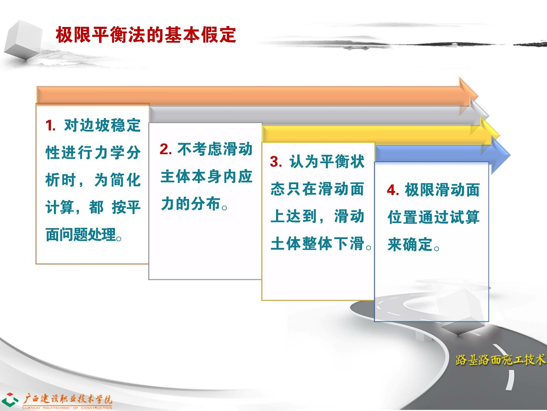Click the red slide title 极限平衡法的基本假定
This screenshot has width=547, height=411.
coord(146,34)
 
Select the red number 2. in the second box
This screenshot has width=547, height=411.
coord(165,149)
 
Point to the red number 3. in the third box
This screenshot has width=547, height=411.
coord(276,162)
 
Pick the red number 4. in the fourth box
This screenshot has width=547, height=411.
coord(393,190)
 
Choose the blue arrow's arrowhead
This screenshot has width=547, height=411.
coord(501,155)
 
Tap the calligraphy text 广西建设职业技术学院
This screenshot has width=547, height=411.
coord(67,399)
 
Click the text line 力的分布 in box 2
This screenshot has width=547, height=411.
coord(194,204)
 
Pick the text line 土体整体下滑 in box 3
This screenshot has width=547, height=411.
coord(321,244)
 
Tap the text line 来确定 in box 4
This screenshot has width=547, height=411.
coord(414,244)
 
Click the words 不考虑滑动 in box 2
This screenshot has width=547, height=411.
coord(215,149)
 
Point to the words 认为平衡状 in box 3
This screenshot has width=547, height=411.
coord(327,162)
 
